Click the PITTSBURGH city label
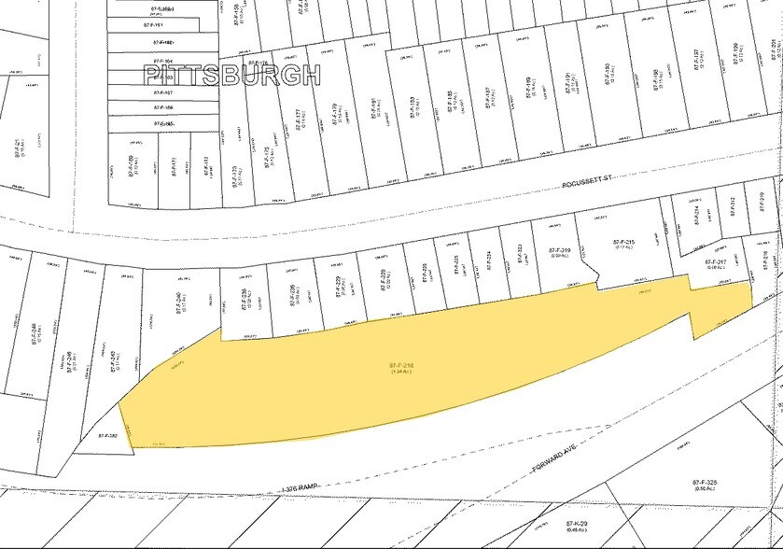tap(231, 76)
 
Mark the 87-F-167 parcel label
tap(163, 92)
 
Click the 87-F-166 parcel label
tap(163, 107)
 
